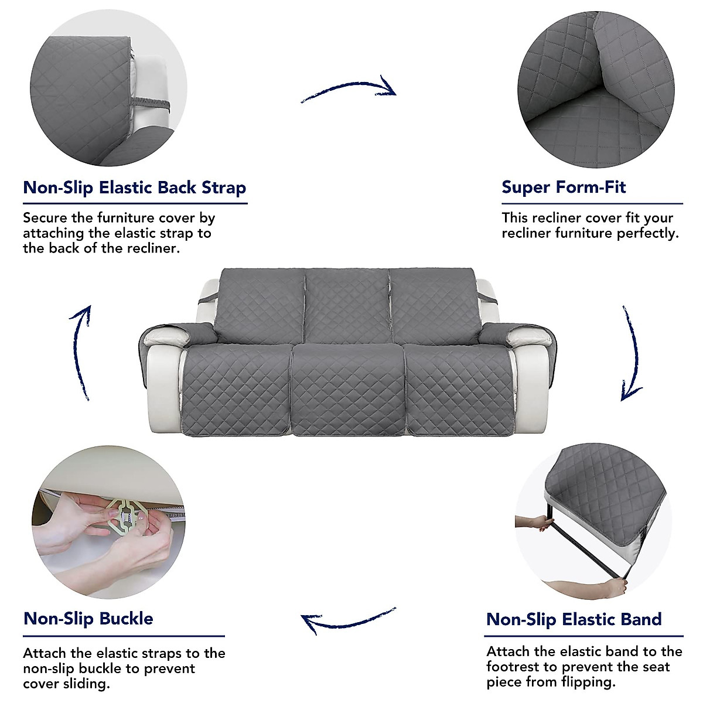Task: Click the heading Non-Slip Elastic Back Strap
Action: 134,188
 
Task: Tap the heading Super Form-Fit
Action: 564,187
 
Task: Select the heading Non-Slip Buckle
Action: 88,619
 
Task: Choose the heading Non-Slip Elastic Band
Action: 574,619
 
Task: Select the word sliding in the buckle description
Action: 86,684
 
